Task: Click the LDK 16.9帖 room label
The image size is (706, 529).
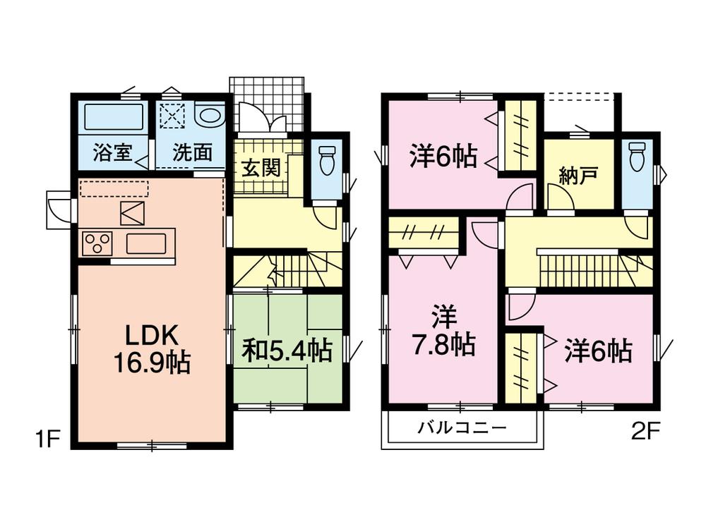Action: click(151, 348)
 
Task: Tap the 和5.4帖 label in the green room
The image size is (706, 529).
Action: click(287, 350)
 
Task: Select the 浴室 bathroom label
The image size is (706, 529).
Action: click(111, 153)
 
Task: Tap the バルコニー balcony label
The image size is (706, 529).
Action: click(462, 427)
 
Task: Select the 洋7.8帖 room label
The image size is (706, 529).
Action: click(443, 332)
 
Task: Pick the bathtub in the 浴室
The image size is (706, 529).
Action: click(114, 116)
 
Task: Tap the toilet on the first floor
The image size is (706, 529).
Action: click(327, 160)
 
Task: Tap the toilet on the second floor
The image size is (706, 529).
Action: click(637, 157)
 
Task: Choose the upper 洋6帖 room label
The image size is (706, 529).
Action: click(443, 155)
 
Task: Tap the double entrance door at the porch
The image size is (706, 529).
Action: click(262, 118)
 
